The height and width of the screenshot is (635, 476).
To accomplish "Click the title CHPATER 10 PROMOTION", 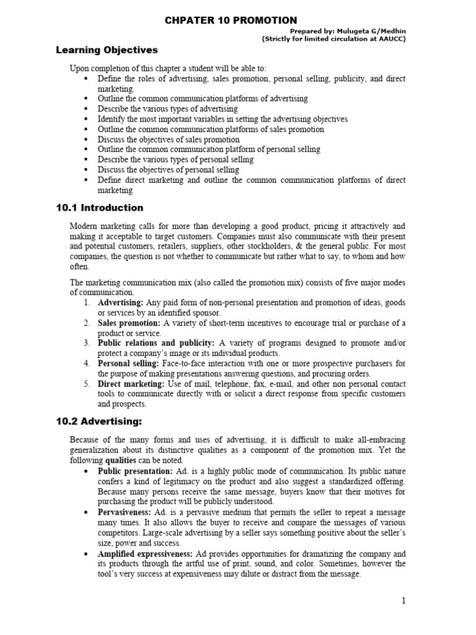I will coord(231,20).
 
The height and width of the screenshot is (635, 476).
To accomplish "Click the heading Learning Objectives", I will coord(107,50).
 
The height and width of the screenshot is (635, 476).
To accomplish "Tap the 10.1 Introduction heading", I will coord(99,208).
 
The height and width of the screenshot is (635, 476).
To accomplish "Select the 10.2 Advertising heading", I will coord(99,422).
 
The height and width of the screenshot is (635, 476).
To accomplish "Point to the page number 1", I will coord(403,601).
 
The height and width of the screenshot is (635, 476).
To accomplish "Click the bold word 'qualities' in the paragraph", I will coord(120,461).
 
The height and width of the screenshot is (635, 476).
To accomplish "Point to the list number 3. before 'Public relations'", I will coord(87,343).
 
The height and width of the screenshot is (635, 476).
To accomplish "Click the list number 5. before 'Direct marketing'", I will coord(87,384).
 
